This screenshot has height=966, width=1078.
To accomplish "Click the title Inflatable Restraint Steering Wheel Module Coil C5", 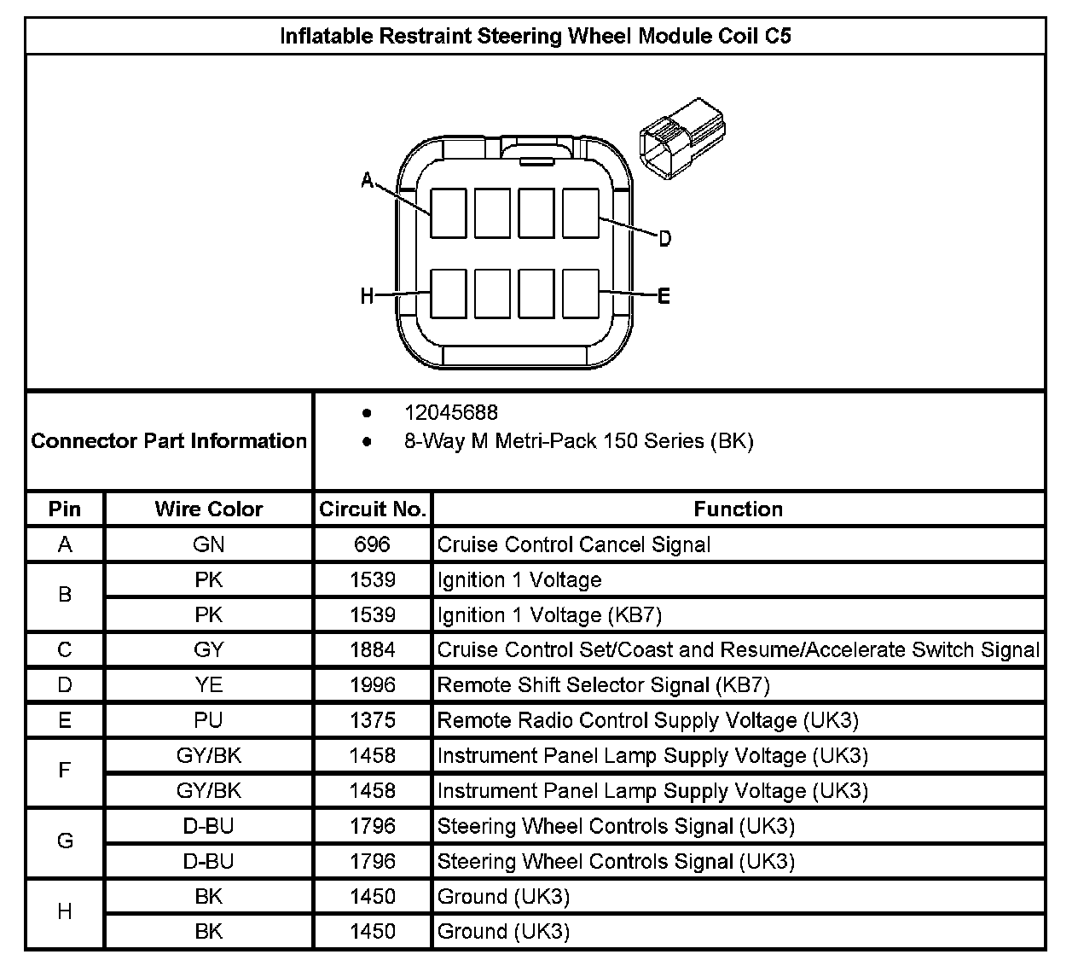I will pyautogui.click(x=536, y=37).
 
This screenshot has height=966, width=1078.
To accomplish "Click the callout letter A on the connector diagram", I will pyautogui.click(x=368, y=179).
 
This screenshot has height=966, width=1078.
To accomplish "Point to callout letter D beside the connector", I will pyautogui.click(x=665, y=238).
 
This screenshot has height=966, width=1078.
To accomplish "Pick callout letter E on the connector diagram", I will pyautogui.click(x=664, y=296).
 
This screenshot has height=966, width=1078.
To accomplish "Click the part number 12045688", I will pyautogui.click(x=450, y=412).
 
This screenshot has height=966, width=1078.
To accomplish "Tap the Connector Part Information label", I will pyautogui.click(x=169, y=441).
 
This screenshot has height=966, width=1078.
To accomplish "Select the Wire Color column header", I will pyautogui.click(x=209, y=509).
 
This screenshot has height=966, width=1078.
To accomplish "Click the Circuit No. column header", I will pyautogui.click(x=373, y=509).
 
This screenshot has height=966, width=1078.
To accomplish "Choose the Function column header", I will pyautogui.click(x=738, y=509).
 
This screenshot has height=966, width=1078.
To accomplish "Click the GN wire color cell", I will pyautogui.click(x=209, y=544).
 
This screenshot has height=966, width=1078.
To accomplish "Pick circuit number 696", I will pyautogui.click(x=373, y=544).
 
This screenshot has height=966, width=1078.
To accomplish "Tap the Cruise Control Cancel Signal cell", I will pyautogui.click(x=573, y=544).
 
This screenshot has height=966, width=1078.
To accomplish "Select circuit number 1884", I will pyautogui.click(x=373, y=650).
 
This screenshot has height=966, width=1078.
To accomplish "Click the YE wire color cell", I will pyautogui.click(x=209, y=685).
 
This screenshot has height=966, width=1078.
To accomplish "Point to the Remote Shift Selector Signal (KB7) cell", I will pyautogui.click(x=603, y=685).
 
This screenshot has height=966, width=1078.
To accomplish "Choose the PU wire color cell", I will pyautogui.click(x=209, y=720).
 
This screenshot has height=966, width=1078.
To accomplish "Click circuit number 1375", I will pyautogui.click(x=373, y=720).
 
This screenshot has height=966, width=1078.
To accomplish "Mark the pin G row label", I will pyautogui.click(x=65, y=841).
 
